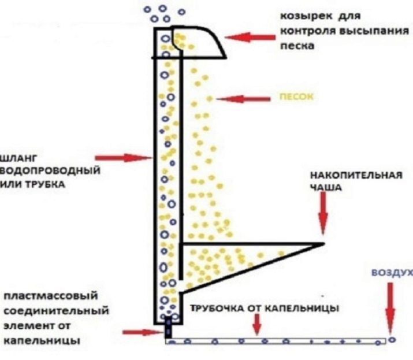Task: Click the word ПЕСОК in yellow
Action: click(x=296, y=98)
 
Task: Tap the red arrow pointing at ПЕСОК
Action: click(x=243, y=99)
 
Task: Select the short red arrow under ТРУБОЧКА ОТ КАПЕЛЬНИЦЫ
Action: click(x=256, y=325)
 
